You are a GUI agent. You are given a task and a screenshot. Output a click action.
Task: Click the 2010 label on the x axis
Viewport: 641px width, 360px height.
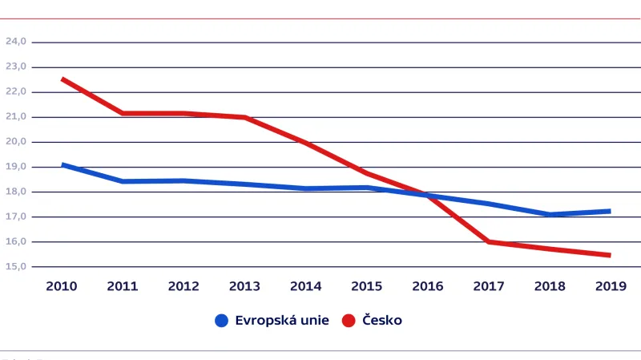[62, 286]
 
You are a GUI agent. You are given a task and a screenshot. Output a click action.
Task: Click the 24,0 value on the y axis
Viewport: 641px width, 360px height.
[17, 42]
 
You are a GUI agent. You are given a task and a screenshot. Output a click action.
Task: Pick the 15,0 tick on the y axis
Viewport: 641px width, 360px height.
[17, 266]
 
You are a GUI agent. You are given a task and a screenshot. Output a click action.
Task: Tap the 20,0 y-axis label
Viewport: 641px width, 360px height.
[17, 142]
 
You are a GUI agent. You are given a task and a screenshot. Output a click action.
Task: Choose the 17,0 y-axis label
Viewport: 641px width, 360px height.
[17, 216]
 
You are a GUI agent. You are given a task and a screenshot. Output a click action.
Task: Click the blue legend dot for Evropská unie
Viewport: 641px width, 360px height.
[222, 321]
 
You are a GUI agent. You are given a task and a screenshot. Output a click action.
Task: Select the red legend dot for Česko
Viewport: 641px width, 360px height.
[349, 321]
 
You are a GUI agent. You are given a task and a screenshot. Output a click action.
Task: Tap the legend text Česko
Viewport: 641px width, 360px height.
[382, 321]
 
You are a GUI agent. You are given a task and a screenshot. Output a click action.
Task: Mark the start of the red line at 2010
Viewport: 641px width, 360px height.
[62, 79]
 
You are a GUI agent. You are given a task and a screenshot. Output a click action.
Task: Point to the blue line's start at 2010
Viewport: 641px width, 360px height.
[62, 164]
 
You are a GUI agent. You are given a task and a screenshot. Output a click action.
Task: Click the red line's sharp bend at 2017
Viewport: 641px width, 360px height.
[487, 241]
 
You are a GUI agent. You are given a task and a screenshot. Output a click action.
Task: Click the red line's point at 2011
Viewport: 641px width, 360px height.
[123, 113]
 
